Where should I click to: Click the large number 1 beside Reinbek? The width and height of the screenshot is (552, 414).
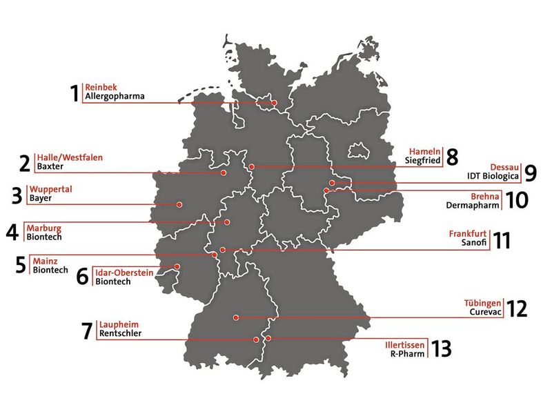point(75,93)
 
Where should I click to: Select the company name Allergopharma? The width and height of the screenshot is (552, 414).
point(115,97)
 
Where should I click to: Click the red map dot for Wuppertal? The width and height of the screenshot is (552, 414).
point(179,204)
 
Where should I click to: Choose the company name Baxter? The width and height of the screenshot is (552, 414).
point(50,167)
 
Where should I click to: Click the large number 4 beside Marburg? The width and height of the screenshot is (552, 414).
point(12,232)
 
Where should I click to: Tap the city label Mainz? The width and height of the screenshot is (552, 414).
point(45,261)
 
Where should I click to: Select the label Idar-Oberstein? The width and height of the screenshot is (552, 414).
point(125,272)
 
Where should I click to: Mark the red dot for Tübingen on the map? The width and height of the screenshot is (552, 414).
point(236,317)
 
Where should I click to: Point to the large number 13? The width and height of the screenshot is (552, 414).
point(442,348)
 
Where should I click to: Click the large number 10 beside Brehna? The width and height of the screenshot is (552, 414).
point(517,200)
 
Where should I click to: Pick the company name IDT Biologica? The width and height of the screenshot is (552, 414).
point(493,176)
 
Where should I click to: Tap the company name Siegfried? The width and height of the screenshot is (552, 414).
point(422,161)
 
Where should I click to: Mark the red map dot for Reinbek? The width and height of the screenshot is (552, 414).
point(274,103)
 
